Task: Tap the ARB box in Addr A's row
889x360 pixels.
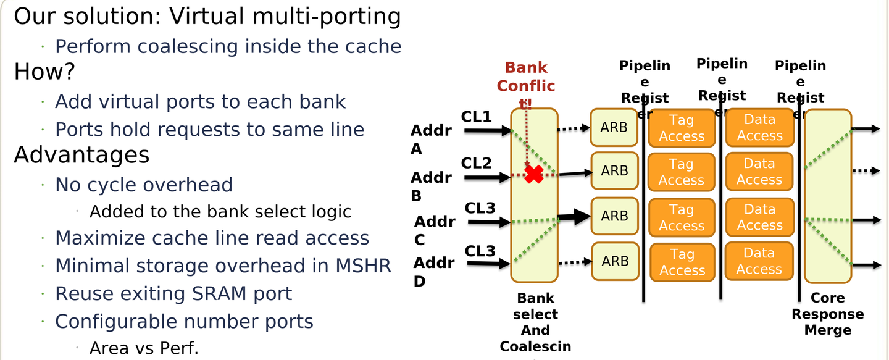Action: click(x=614, y=128)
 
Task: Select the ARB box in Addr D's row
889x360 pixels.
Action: click(x=615, y=261)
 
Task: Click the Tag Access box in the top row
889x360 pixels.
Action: click(x=682, y=128)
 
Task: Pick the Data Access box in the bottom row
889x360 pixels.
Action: click(x=759, y=261)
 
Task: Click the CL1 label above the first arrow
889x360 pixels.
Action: click(x=477, y=116)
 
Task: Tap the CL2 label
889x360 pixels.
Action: click(x=477, y=164)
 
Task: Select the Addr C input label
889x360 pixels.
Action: click(x=435, y=230)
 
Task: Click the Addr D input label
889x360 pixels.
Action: click(x=433, y=272)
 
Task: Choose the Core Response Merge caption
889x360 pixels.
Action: click(x=827, y=314)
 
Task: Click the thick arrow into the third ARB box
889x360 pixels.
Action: click(x=574, y=216)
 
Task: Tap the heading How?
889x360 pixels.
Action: click(x=44, y=72)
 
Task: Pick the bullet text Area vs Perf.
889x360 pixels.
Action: click(x=144, y=348)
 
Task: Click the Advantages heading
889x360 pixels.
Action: click(x=81, y=155)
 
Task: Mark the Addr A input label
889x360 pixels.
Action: click(x=431, y=140)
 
